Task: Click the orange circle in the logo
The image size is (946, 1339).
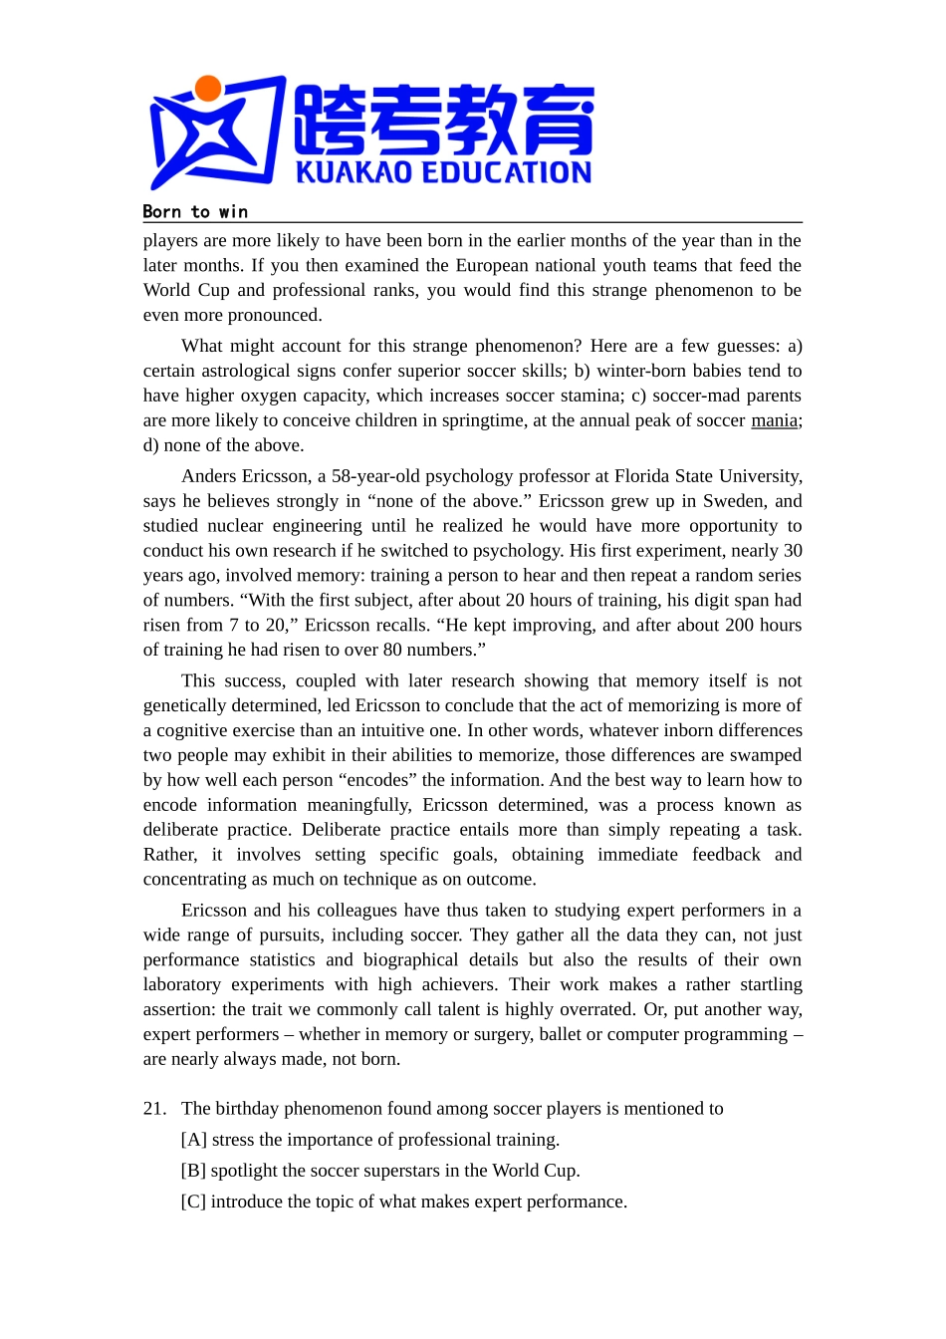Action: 207,89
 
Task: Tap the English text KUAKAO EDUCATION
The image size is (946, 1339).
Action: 443,172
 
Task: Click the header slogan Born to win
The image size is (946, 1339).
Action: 195,211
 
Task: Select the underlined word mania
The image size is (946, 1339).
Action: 774,420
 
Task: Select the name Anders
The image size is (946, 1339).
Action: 212,476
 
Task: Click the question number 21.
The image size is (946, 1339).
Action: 154,1109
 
